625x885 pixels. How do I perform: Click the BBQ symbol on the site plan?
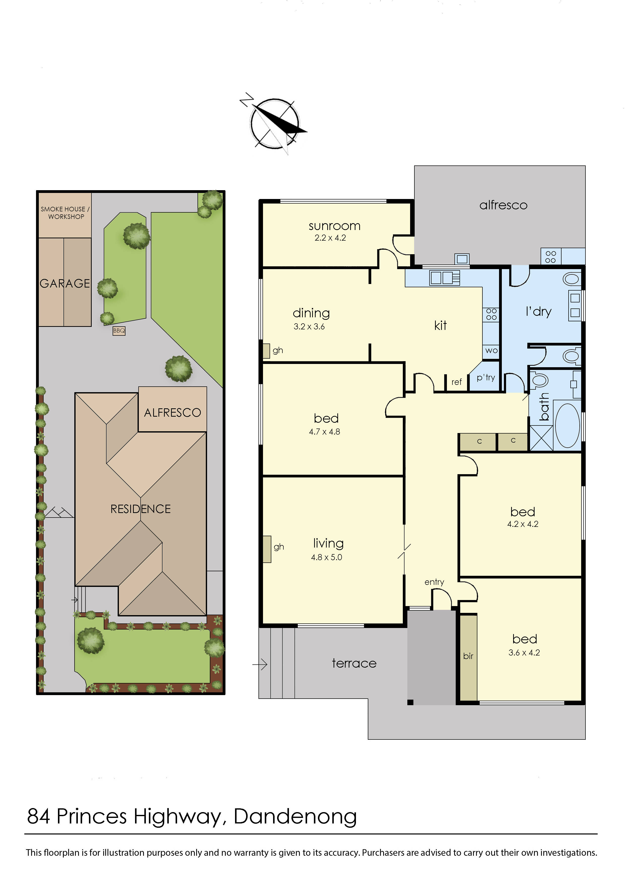coord(119,331)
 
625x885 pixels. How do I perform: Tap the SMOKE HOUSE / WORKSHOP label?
coord(65,213)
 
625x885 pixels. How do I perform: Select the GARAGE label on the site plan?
coord(65,284)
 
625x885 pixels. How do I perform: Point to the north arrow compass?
coord(275,123)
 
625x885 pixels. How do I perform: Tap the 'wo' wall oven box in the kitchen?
coord(491,351)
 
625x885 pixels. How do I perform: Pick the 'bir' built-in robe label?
coord(468,656)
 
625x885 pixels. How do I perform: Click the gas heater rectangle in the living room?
coord(267,549)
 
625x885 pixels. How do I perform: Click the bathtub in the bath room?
coord(568,425)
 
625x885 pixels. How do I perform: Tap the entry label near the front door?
coord(434,582)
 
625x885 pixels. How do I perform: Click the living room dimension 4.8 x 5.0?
coord(326,557)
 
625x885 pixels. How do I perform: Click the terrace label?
coord(354,663)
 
